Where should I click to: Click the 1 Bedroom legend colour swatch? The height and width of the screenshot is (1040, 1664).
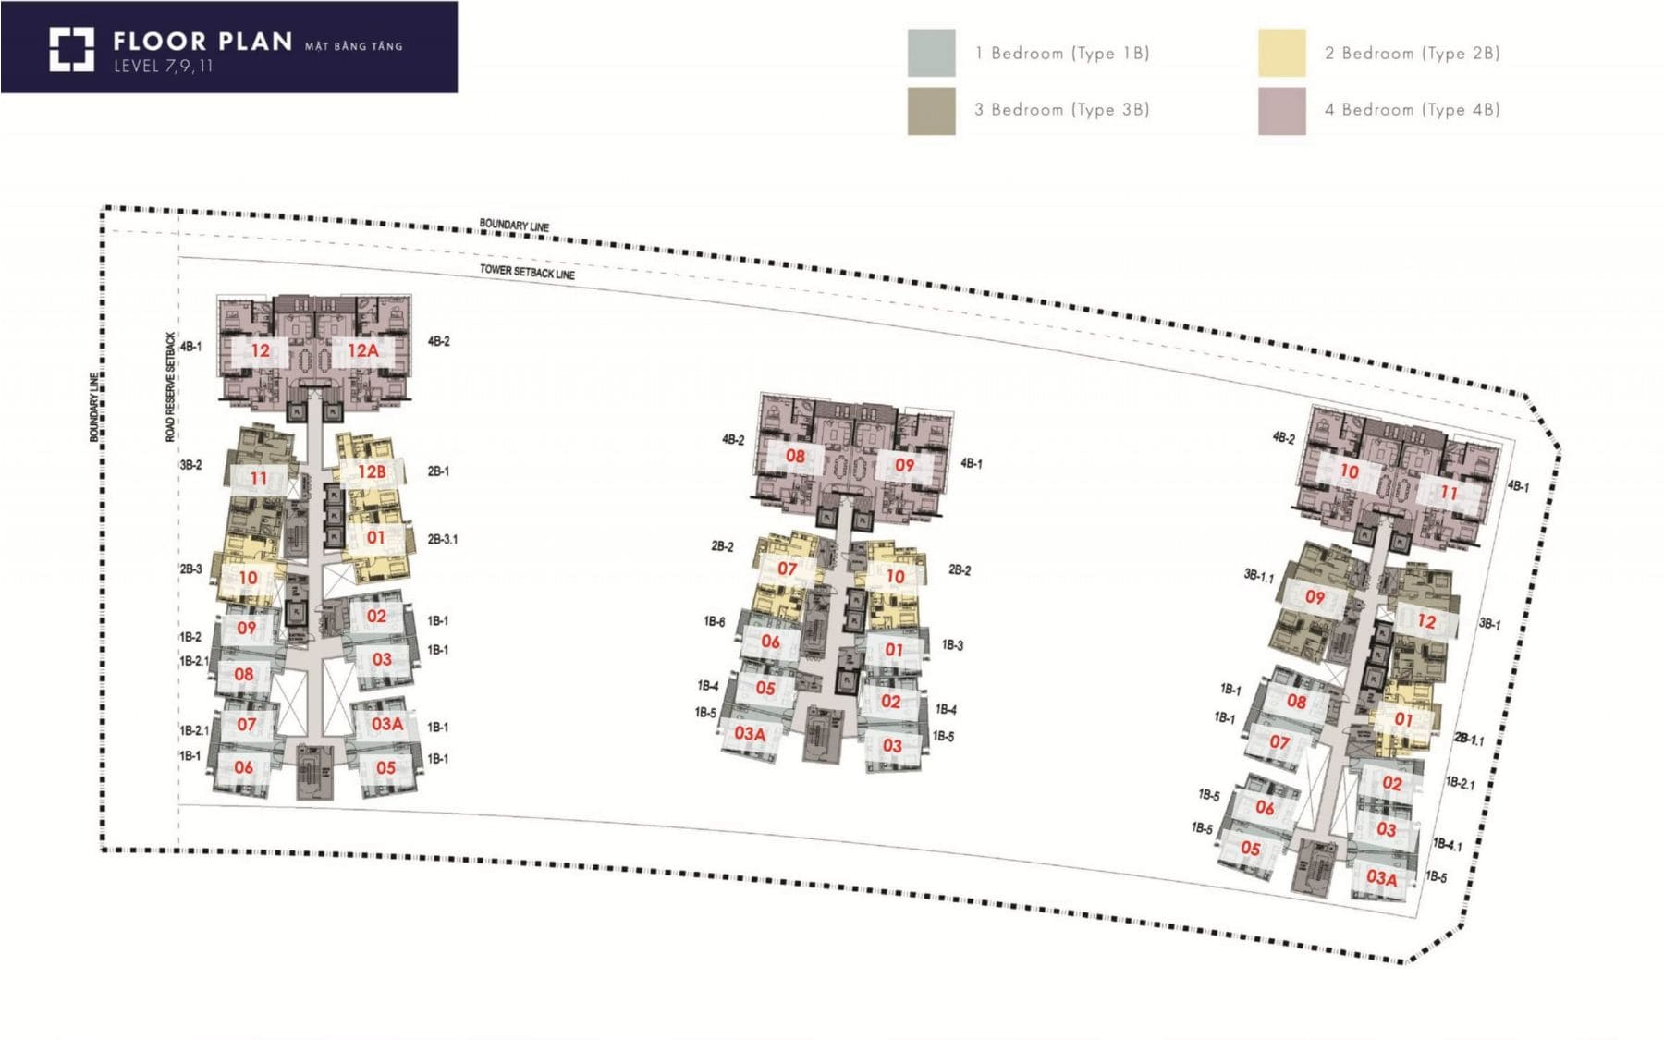(x=931, y=53)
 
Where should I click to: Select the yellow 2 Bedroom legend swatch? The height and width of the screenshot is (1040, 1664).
(x=1281, y=53)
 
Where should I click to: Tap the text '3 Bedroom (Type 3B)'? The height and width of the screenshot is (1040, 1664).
(x=1061, y=110)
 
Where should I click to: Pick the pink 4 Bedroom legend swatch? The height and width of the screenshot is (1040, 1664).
(x=1281, y=111)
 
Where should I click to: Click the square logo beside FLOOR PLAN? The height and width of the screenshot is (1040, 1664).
(x=71, y=49)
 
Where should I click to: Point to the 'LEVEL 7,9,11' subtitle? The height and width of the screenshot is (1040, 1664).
(x=164, y=66)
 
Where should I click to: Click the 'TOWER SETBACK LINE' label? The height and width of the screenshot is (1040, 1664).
(x=527, y=272)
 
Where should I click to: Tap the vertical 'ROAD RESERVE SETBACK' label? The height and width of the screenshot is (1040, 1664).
(x=170, y=386)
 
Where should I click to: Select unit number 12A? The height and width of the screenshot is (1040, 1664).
(x=363, y=350)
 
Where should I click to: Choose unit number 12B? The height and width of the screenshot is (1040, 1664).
(x=372, y=471)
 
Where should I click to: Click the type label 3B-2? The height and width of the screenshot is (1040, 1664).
(x=190, y=465)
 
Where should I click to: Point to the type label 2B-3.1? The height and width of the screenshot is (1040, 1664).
(x=443, y=539)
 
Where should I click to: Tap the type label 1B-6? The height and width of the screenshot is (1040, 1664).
(x=715, y=621)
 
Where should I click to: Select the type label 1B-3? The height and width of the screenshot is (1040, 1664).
(x=952, y=645)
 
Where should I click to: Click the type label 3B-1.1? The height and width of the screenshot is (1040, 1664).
(x=1258, y=576)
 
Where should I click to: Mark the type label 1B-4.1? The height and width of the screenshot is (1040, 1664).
(x=1448, y=844)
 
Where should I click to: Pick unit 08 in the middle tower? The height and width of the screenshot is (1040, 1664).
(x=795, y=456)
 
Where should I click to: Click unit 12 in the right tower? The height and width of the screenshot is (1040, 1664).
(x=1426, y=621)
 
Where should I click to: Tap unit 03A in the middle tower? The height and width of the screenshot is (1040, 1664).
(x=750, y=734)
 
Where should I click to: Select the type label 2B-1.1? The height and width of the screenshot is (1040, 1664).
(x=1469, y=739)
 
